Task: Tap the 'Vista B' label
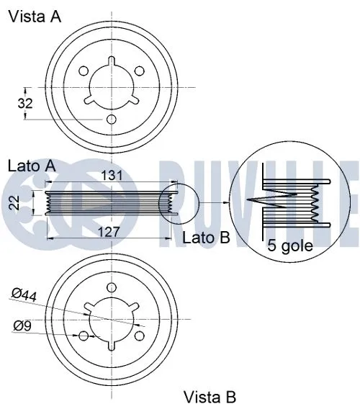pyautogui.click(x=210, y=395)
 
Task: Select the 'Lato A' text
pyautogui.click(x=32, y=166)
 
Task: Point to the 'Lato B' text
pyautogui.click(x=206, y=237)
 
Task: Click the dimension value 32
pyautogui.click(x=25, y=103)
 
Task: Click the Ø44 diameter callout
pyautogui.click(x=24, y=294)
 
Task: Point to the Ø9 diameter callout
pyautogui.click(x=22, y=325)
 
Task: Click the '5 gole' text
pyautogui.click(x=289, y=245)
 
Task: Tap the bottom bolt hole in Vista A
pyautogui.click(x=112, y=120)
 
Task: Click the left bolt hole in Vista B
pyautogui.click(x=84, y=336)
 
